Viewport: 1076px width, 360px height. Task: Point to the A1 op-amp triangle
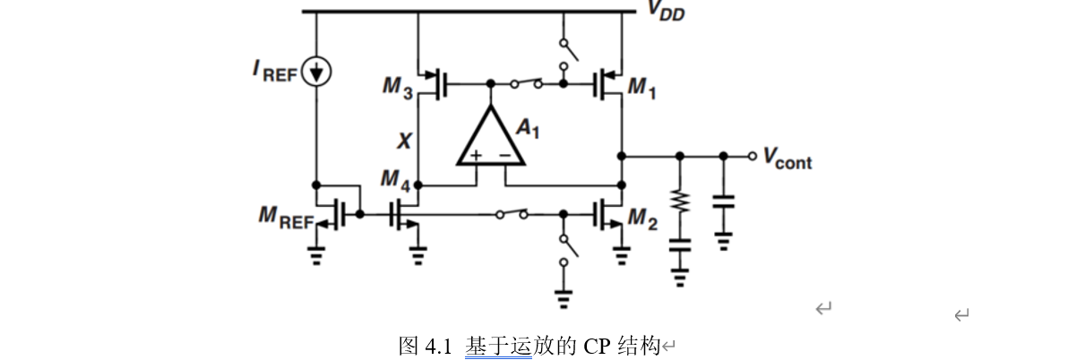pos(490,139)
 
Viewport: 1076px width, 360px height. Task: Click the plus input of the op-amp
pos(476,156)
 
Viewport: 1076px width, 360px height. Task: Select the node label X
pos(405,141)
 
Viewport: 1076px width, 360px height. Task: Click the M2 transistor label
pos(642,218)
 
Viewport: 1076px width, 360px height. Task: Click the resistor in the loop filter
pos(680,201)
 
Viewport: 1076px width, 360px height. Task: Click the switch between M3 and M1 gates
pos(526,84)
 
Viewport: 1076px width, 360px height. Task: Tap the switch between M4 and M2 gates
pos(512,214)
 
